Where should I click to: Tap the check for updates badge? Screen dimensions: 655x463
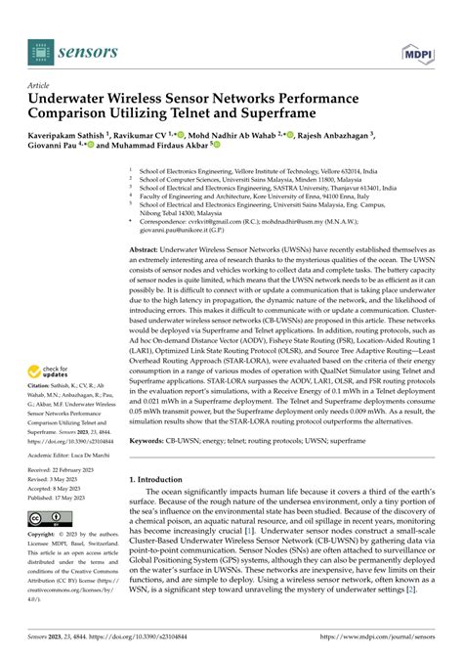click(x=55, y=346)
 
